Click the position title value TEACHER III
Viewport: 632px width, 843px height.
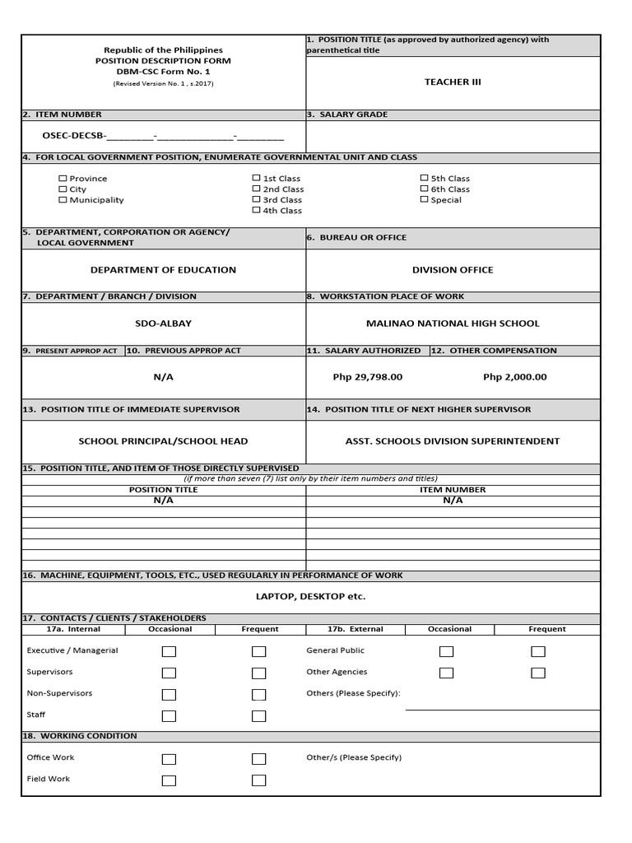[453, 82]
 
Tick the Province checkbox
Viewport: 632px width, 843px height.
[63, 179]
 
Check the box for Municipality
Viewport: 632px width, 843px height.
[63, 200]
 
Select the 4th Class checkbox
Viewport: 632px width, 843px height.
[257, 211]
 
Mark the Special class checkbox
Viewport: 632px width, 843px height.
[425, 200]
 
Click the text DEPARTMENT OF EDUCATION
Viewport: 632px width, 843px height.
[163, 270]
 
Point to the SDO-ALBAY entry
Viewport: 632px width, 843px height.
[163, 324]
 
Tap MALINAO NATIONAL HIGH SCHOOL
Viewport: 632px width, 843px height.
[453, 324]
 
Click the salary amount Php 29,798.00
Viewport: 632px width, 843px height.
[367, 377]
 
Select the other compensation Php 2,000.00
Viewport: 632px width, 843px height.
[515, 377]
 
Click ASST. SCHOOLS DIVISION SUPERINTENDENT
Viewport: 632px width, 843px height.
[453, 441]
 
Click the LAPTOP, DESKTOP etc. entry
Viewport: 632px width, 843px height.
[310, 596]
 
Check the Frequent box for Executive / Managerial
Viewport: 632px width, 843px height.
[259, 651]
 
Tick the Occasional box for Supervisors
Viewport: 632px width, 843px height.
[169, 673]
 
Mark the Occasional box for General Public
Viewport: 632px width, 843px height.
[446, 651]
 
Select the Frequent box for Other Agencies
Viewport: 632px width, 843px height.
[538, 673]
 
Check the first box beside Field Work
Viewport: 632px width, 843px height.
[169, 780]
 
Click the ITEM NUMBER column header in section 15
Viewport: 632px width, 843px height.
[453, 490]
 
